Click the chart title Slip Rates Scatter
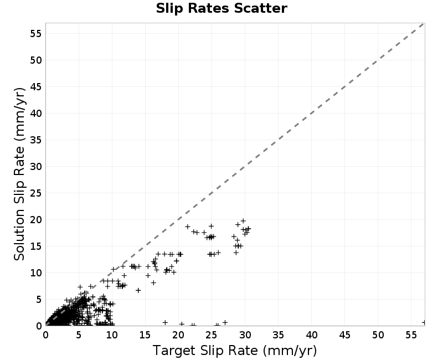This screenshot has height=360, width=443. pos(221,8)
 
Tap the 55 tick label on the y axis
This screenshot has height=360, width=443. pos(35,34)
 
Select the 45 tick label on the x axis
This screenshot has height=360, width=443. pos(344,335)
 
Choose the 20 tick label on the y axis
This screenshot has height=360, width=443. pos(35,219)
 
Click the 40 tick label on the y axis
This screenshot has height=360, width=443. pos(35,114)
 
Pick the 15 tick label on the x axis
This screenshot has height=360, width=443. pos(145,335)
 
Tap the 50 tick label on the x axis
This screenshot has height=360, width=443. pos(378,335)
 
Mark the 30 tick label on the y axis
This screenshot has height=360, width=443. pos(35,167)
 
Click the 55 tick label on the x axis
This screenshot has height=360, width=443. pos(411,335)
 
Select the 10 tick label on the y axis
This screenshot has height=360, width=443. pos(35,272)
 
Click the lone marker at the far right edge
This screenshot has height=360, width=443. pos(424,322)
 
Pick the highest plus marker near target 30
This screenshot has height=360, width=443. pos(243,221)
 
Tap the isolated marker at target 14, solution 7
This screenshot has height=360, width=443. pos(138,290)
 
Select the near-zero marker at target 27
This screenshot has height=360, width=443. pos(225,322)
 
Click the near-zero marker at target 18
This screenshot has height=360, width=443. pos(165,322)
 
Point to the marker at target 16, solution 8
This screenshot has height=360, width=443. pos(153,282)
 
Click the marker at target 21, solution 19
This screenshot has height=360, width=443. pos(188,227)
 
